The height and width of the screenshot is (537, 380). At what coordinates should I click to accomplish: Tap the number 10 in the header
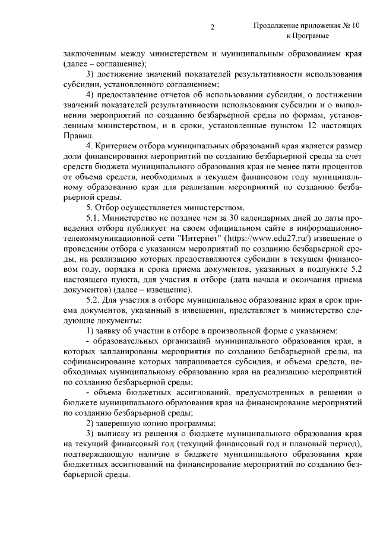[x=355, y=26]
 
